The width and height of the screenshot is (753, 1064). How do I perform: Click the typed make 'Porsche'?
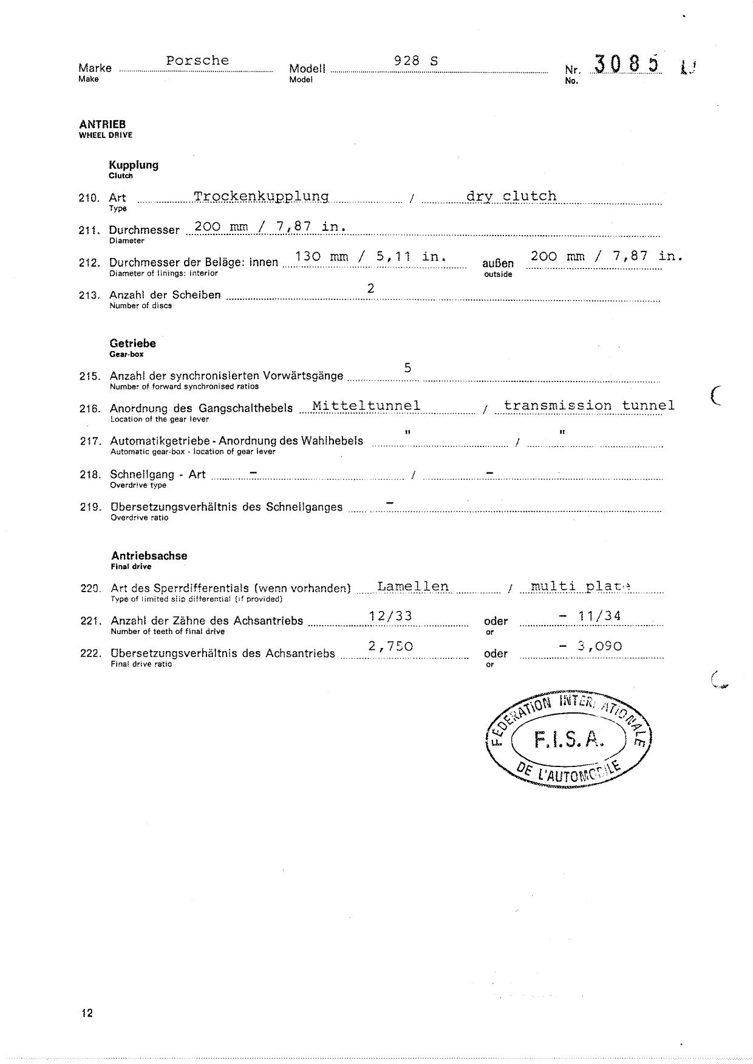(x=197, y=61)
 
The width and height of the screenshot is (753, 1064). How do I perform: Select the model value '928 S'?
(x=416, y=61)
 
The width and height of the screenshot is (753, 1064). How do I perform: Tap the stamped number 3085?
(x=627, y=64)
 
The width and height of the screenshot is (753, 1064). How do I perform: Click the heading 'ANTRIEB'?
(x=102, y=124)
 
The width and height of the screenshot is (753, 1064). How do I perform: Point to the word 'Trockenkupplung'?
(x=261, y=196)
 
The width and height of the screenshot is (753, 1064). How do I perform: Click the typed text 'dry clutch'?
(x=511, y=196)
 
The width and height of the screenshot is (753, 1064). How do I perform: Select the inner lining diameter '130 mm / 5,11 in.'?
(x=370, y=256)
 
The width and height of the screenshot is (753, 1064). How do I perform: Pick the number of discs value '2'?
(x=370, y=288)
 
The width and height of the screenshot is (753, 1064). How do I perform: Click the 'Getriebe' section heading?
(x=132, y=344)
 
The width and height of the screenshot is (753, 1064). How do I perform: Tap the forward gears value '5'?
(x=407, y=367)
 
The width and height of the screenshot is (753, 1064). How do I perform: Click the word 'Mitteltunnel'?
(x=366, y=406)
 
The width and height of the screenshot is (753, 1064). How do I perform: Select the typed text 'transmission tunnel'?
(x=589, y=406)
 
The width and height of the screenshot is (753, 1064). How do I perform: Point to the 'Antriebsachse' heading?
(x=149, y=556)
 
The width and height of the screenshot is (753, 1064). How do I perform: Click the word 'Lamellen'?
(x=413, y=587)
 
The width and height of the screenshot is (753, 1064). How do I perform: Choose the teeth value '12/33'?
(x=390, y=616)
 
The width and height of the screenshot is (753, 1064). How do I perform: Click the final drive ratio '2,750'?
(x=390, y=646)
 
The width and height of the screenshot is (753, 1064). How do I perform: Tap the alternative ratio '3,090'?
(x=599, y=646)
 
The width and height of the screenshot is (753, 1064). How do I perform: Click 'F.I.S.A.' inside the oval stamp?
(x=569, y=739)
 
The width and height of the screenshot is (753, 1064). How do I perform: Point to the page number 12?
(x=87, y=1013)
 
